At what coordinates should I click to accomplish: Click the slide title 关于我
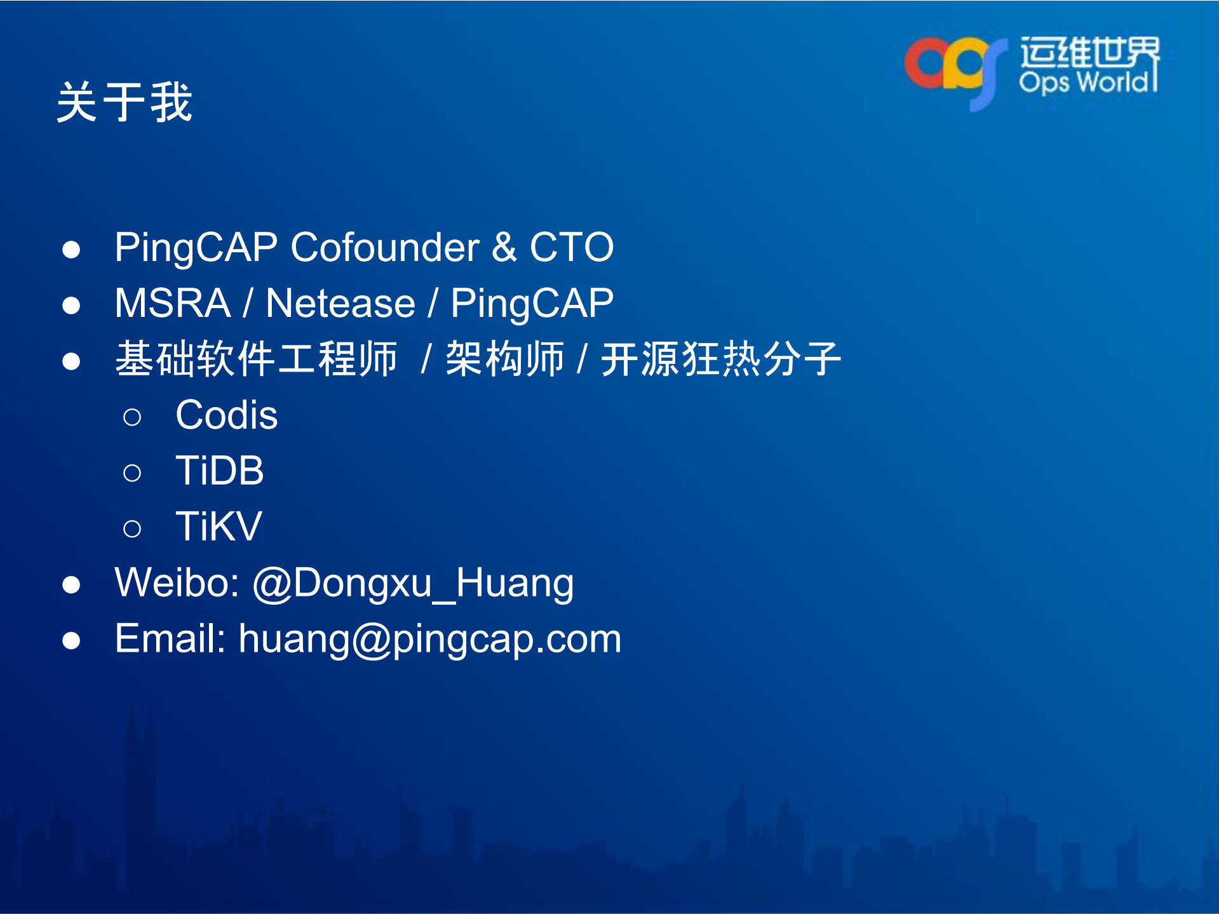(x=125, y=102)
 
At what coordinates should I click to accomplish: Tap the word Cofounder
(x=385, y=247)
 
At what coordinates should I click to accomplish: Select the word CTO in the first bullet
(x=572, y=247)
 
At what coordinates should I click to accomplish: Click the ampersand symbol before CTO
(x=504, y=247)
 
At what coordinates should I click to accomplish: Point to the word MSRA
(x=173, y=303)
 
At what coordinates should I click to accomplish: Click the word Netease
(x=340, y=303)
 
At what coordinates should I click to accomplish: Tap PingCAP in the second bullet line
(x=532, y=303)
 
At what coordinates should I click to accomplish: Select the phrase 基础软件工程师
(x=257, y=359)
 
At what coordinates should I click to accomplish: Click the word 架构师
(x=505, y=359)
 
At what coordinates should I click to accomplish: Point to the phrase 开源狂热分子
(x=721, y=359)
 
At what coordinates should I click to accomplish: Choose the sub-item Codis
(x=227, y=415)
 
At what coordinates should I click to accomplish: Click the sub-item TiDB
(x=220, y=471)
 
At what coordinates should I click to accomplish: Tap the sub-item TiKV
(x=219, y=527)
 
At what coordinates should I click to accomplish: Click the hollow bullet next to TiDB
(x=132, y=473)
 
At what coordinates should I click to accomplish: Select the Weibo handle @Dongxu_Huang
(x=414, y=583)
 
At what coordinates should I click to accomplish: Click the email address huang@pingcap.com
(x=430, y=639)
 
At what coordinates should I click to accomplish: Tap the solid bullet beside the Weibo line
(x=71, y=585)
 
